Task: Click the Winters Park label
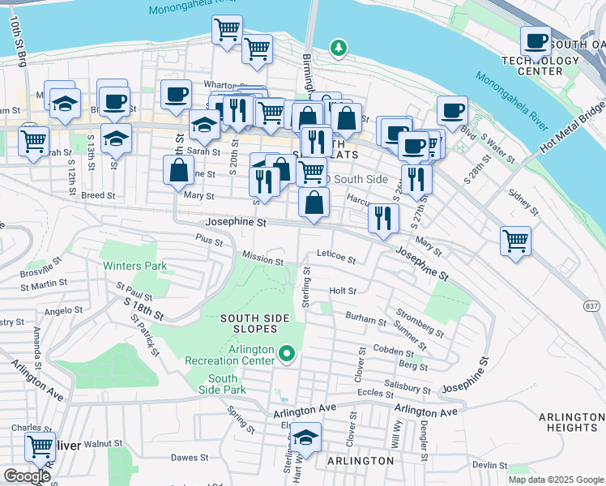(134, 266)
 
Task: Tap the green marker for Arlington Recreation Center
(286, 353)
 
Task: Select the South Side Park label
(223, 384)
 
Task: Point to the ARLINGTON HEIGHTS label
(570, 421)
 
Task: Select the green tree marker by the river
(338, 49)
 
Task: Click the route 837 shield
(591, 305)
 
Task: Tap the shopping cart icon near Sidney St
(515, 241)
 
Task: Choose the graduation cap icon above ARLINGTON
(305, 437)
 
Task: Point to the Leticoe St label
(336, 258)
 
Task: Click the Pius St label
(208, 239)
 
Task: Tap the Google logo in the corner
(27, 476)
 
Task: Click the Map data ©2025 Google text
(555, 480)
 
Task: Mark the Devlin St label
(489, 465)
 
